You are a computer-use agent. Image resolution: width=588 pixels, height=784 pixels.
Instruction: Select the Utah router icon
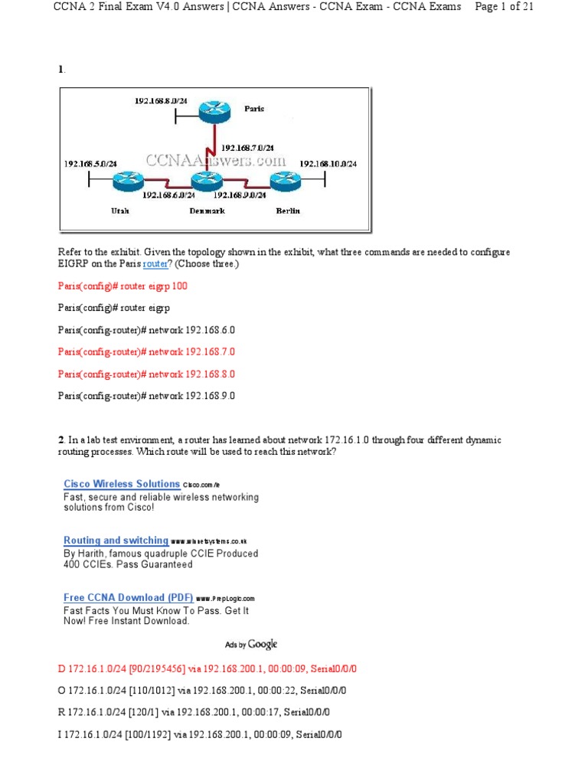[123, 181]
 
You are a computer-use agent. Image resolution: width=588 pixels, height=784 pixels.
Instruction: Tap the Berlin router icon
[284, 181]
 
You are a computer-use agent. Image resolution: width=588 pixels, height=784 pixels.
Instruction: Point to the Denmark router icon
[206, 181]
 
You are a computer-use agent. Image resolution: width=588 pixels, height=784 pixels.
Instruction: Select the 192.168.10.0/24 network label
[328, 164]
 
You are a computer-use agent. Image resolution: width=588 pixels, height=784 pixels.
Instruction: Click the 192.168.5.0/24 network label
[90, 164]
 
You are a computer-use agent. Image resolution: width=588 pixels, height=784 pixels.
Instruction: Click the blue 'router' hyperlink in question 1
[155, 263]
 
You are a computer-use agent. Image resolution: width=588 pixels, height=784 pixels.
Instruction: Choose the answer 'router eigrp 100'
[122, 286]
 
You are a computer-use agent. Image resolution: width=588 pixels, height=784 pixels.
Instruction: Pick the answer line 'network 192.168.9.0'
[146, 396]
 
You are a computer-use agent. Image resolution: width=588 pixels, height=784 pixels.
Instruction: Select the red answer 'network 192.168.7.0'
[146, 352]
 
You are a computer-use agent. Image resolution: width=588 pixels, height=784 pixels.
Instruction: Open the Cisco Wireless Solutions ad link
[122, 484]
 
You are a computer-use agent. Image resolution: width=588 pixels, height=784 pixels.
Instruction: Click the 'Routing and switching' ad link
[116, 541]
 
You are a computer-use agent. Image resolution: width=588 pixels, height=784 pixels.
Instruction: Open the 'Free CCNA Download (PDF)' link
[124, 597]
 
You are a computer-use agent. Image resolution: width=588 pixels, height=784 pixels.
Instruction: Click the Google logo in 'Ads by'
[263, 645]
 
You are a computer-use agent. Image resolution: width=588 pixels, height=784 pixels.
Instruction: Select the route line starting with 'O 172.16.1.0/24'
[202, 691]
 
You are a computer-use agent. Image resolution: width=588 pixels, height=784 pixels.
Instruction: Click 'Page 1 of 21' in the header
[505, 7]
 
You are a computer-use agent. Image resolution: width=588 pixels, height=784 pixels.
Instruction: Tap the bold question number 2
[61, 440]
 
